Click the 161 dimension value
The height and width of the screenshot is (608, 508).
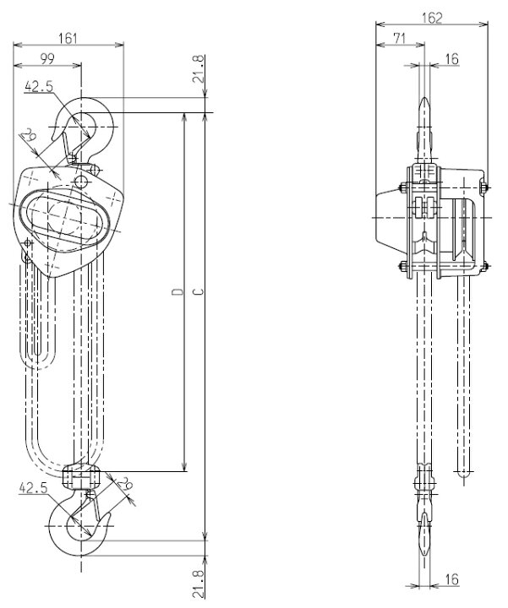click(68, 38)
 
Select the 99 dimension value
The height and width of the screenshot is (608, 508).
click(47, 58)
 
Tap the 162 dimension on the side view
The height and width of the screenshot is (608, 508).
click(432, 18)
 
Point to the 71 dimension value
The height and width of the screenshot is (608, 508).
click(400, 38)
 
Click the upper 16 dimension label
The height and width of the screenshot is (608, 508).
click(451, 59)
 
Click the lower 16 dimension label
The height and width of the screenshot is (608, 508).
click(451, 579)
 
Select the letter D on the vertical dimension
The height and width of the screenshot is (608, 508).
click(178, 291)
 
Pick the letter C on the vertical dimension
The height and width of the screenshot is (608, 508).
click(199, 291)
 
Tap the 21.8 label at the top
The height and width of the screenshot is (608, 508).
click(198, 69)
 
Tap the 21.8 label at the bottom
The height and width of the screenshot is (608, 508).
click(198, 584)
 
